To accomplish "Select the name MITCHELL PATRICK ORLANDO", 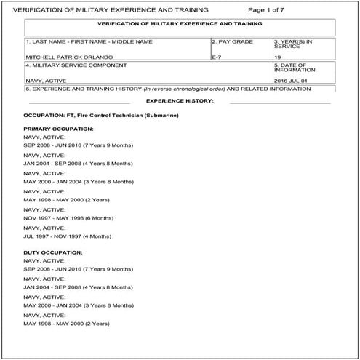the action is click(60, 55).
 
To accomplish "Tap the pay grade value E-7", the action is click(216, 55).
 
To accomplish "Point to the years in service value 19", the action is click(278, 55).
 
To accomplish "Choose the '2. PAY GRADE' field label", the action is click(233, 42).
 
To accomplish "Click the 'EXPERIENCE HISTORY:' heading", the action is click(180, 100).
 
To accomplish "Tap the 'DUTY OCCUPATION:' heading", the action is click(53, 252).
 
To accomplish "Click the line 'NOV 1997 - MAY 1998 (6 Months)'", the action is click(68, 218).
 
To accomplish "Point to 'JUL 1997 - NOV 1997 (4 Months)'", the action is click(68, 237).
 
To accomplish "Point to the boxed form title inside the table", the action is click(180, 24).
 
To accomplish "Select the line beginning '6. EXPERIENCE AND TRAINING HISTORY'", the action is click(167, 89).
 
